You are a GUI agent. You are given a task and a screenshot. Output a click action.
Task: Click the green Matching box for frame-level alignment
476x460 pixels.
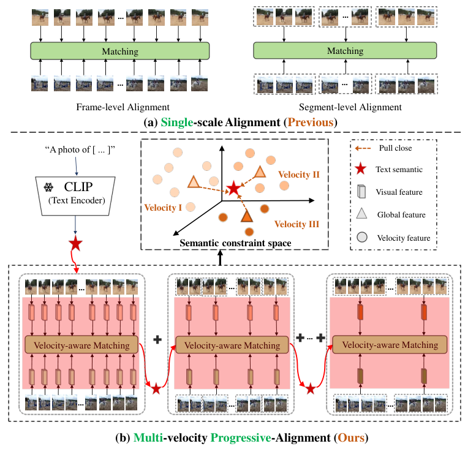tap(119, 51)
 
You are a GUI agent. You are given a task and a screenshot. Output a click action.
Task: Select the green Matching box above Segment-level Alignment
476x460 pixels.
tap(345, 51)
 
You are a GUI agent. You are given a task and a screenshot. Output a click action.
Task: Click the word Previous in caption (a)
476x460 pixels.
tap(311, 122)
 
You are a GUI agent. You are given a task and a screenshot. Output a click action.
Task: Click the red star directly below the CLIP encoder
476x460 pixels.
tap(76, 244)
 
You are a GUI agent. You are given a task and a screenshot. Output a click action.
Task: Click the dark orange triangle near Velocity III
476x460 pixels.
tap(247, 216)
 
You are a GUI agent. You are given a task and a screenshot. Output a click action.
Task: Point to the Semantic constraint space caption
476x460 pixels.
tap(235, 243)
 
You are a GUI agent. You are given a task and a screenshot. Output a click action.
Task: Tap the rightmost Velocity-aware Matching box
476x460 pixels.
tap(390, 345)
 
